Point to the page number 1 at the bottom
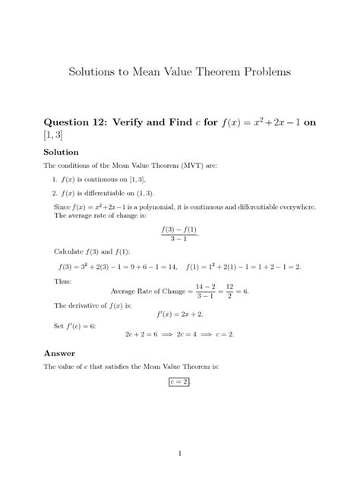pyautogui.click(x=180, y=454)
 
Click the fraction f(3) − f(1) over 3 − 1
pyautogui.click(x=179, y=233)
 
